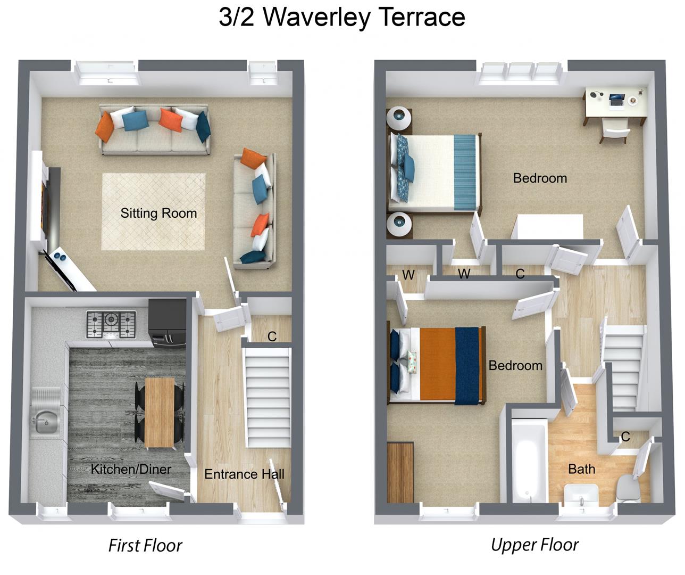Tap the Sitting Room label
[158, 213]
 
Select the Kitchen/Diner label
[131, 469]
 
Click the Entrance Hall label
[244, 474]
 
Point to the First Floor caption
[145, 545]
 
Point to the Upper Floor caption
[534, 545]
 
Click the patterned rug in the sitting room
[154, 211]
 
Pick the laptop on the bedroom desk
[616, 99]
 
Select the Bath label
[581, 469]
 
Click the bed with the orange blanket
[436, 365]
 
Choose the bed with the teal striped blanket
[436, 171]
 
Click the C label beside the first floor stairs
[272, 336]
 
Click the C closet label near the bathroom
[625, 437]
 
